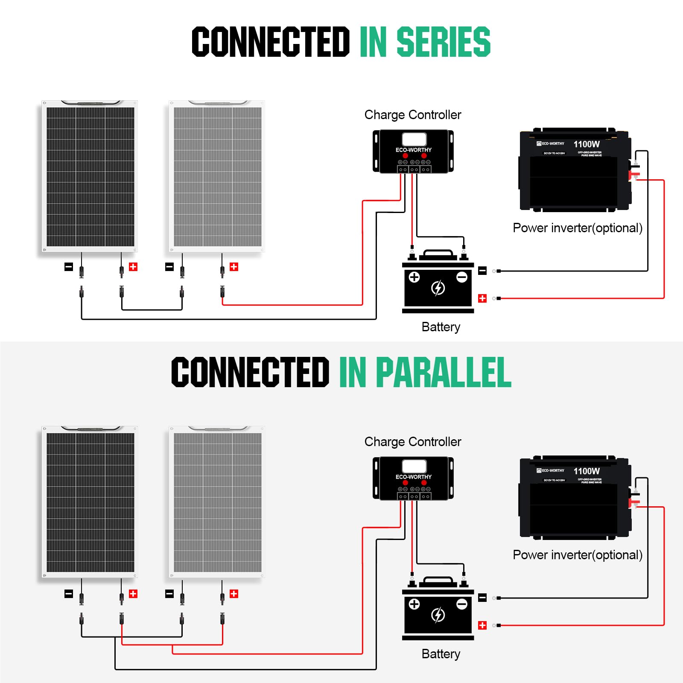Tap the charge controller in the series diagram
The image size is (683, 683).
click(x=413, y=152)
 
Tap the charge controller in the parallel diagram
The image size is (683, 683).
click(x=413, y=479)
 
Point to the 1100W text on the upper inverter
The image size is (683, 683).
click(x=587, y=144)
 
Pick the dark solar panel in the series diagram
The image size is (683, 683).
click(x=90, y=176)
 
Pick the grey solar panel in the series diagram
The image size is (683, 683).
click(x=217, y=176)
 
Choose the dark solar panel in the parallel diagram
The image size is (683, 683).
click(x=90, y=502)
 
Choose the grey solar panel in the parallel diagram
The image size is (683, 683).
click(x=217, y=502)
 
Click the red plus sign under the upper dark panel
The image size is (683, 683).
click(x=133, y=267)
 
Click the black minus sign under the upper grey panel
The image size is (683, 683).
click(x=169, y=267)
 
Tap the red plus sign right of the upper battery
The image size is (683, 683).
click(x=482, y=298)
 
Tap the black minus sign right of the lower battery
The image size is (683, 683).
click(x=482, y=598)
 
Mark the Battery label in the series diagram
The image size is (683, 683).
click(x=441, y=327)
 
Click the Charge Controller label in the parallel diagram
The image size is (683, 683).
click(x=413, y=442)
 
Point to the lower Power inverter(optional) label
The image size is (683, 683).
click(x=578, y=555)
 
